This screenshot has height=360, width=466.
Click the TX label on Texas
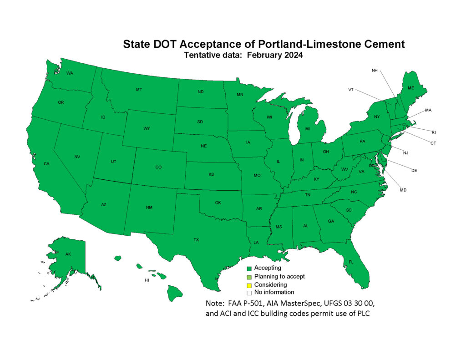[x=196, y=239]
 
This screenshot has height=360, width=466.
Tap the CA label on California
[x=46, y=163]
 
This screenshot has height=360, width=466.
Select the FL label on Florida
[x=351, y=262]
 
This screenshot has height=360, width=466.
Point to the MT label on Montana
[x=139, y=90]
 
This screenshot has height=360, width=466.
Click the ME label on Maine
[x=410, y=88]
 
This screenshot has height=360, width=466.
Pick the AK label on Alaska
[x=68, y=254]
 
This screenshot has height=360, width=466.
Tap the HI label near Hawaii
[x=147, y=280]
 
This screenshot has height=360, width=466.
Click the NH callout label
[x=375, y=71]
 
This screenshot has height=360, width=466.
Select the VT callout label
[x=351, y=90]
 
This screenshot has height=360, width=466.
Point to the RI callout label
[x=434, y=132]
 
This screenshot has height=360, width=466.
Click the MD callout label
[x=403, y=190]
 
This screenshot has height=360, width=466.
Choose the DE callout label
[x=414, y=171]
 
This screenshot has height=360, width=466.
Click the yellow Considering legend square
[x=249, y=285]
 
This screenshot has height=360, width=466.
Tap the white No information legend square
[x=249, y=293]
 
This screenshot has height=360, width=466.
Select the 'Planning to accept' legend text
[x=279, y=276]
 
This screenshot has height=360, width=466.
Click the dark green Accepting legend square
[x=249, y=269]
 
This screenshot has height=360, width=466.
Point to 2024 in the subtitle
[x=292, y=55]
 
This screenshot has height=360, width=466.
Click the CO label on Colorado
[x=158, y=167]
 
